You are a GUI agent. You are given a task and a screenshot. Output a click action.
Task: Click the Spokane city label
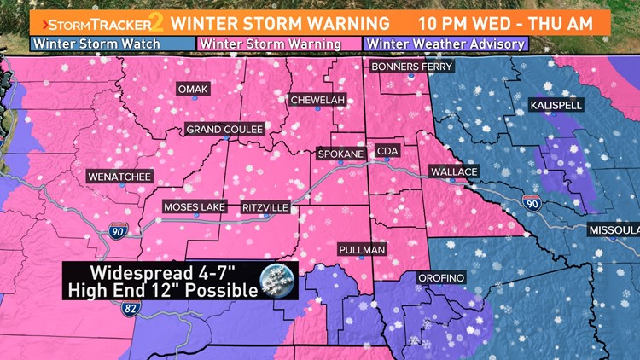coord(340,154)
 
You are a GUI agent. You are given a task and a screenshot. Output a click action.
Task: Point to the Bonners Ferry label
coord(410,66)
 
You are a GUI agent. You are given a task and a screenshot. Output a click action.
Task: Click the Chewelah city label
coord(317,100)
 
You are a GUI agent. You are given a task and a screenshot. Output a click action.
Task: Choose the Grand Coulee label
coord(225,129)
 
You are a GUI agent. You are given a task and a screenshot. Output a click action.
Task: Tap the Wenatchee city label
coord(119,177)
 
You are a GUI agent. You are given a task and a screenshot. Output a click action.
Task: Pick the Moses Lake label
coord(195,207)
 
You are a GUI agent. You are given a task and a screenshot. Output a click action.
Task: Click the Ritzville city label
coord(265,207)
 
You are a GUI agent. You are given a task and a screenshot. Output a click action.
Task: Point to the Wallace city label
coord(453,171)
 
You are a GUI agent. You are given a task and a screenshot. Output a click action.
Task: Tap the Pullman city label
coord(363,249)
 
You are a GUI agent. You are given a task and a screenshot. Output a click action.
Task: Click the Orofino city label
coord(440,278)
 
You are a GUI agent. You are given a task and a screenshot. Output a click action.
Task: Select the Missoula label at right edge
coord(614,231)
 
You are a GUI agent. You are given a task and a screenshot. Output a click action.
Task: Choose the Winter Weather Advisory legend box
coord(445,44)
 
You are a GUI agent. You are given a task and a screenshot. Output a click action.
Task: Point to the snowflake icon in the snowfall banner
coord(279,279)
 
